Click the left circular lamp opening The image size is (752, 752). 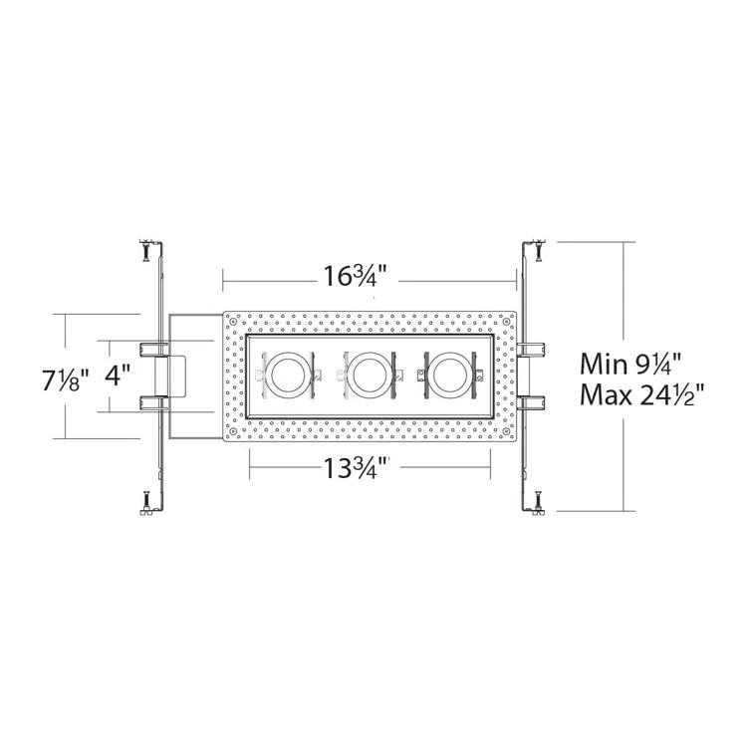(291, 376)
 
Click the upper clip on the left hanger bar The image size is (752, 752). (153, 348)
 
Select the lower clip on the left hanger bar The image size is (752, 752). (153, 402)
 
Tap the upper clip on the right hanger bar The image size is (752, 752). (531, 348)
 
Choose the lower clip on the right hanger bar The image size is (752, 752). (531, 402)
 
